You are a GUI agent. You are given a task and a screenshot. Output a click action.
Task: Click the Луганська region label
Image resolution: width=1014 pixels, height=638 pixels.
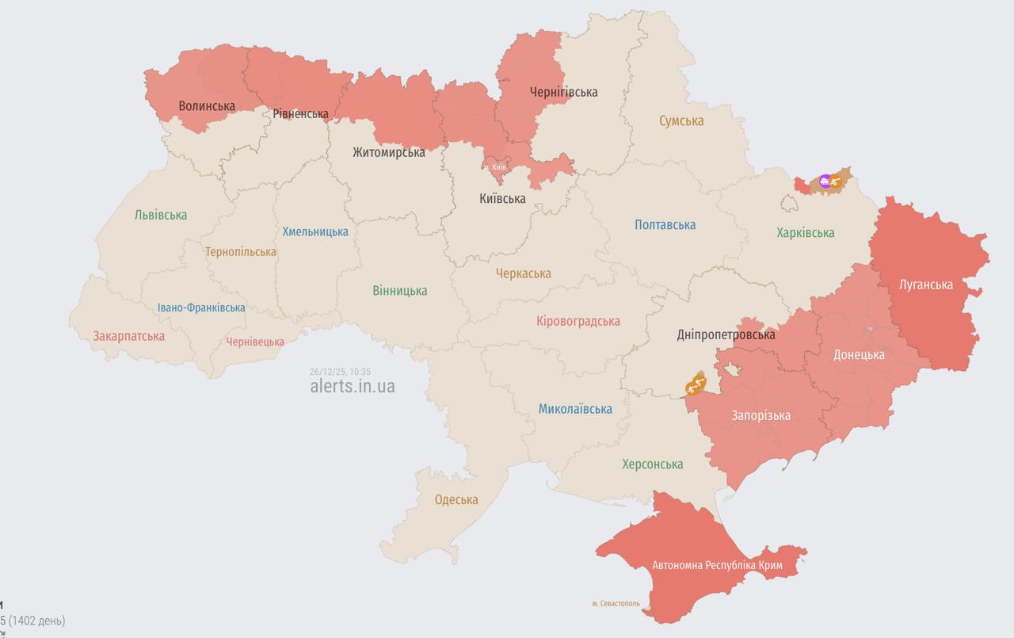pyautogui.click(x=926, y=285)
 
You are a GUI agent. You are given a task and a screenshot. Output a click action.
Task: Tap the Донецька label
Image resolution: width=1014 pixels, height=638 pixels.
pyautogui.click(x=859, y=354)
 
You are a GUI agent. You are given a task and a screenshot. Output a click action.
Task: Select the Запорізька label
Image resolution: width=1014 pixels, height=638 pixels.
pyautogui.click(x=760, y=415)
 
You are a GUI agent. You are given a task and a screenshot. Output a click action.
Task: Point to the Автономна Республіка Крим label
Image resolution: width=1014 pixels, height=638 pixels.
pyautogui.click(x=717, y=565)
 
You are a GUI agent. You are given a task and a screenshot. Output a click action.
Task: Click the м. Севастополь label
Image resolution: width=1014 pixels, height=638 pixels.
pyautogui.click(x=617, y=604)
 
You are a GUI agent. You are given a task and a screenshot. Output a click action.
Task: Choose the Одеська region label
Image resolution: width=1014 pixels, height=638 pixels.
pyautogui.click(x=456, y=499)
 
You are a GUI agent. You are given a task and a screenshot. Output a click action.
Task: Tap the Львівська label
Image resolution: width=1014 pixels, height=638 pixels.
pyautogui.click(x=161, y=215)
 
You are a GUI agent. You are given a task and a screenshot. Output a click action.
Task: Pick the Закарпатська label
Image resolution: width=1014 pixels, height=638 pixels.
pyautogui.click(x=129, y=336)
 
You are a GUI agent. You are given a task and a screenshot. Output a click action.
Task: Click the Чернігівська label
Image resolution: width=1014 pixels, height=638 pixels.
pyautogui.click(x=563, y=92)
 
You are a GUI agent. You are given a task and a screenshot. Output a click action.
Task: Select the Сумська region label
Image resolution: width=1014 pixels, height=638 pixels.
pyautogui.click(x=681, y=120)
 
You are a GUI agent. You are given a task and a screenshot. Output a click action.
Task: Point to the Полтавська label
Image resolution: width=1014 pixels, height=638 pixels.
pyautogui.click(x=665, y=224)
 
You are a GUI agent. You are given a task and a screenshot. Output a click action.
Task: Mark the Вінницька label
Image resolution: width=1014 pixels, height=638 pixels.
pyautogui.click(x=400, y=291)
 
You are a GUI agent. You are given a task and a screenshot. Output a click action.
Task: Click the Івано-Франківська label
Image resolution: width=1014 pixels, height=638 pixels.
pyautogui.click(x=201, y=308)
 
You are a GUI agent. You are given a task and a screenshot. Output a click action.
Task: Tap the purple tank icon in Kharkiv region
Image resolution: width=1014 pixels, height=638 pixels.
pyautogui.click(x=825, y=181)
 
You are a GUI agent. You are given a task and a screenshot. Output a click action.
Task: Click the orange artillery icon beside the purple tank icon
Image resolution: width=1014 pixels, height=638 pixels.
pyautogui.click(x=836, y=181)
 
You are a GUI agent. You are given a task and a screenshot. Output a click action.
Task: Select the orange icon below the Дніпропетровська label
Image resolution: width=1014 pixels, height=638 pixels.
pyautogui.click(x=696, y=384)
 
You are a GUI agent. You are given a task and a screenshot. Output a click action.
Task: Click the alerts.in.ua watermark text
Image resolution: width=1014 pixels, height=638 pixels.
pyautogui.click(x=353, y=386)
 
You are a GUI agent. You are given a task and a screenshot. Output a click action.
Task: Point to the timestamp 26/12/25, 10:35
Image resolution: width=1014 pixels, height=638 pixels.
pyautogui.click(x=341, y=372)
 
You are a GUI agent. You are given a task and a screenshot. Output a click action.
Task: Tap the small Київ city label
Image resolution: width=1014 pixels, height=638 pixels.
pyautogui.click(x=498, y=166)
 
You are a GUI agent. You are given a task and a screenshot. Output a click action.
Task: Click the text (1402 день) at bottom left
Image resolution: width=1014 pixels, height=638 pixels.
pyautogui.click(x=36, y=621)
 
